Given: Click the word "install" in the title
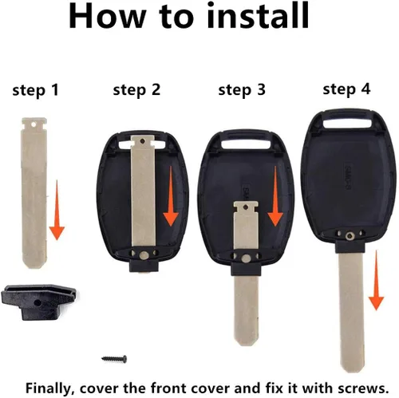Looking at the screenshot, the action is point(258,15).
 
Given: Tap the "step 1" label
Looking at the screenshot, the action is point(35,90).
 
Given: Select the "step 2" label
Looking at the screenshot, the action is point(136,90).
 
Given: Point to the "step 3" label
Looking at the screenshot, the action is point(242,90).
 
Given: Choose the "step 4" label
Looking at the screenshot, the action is point(346,89).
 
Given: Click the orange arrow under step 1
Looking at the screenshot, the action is point(57,210).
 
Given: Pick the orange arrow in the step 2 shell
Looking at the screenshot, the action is point(171,196).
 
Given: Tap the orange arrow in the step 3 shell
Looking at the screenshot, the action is point(275,196).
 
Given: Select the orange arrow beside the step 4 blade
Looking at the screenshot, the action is point(376,280).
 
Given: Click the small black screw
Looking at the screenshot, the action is point(114,359).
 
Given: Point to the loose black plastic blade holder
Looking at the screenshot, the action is point(39,301).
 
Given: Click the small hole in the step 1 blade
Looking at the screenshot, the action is point(34,124).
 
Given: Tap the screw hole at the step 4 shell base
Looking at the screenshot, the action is point(349,235).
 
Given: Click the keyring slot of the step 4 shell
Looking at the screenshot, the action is point(347,124).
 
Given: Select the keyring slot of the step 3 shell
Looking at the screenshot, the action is point(246,144).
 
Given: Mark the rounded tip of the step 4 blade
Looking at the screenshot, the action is point(353,368).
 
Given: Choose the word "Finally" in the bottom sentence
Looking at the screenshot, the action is point(49,388).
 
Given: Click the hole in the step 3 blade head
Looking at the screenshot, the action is point(246,207).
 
